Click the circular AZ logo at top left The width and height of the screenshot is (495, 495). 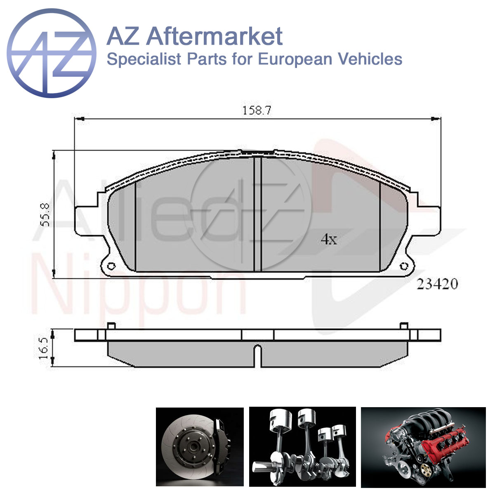52,53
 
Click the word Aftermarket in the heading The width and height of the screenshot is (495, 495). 214,36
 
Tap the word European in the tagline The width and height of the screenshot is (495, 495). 295,59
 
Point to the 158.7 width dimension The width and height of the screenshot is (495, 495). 257,111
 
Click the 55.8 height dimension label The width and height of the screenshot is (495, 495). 45,215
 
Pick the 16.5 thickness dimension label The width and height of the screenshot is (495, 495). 44,348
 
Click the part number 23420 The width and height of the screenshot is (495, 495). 437,284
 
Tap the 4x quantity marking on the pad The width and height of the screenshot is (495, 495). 329,240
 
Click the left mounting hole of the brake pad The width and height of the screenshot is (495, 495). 111,266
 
